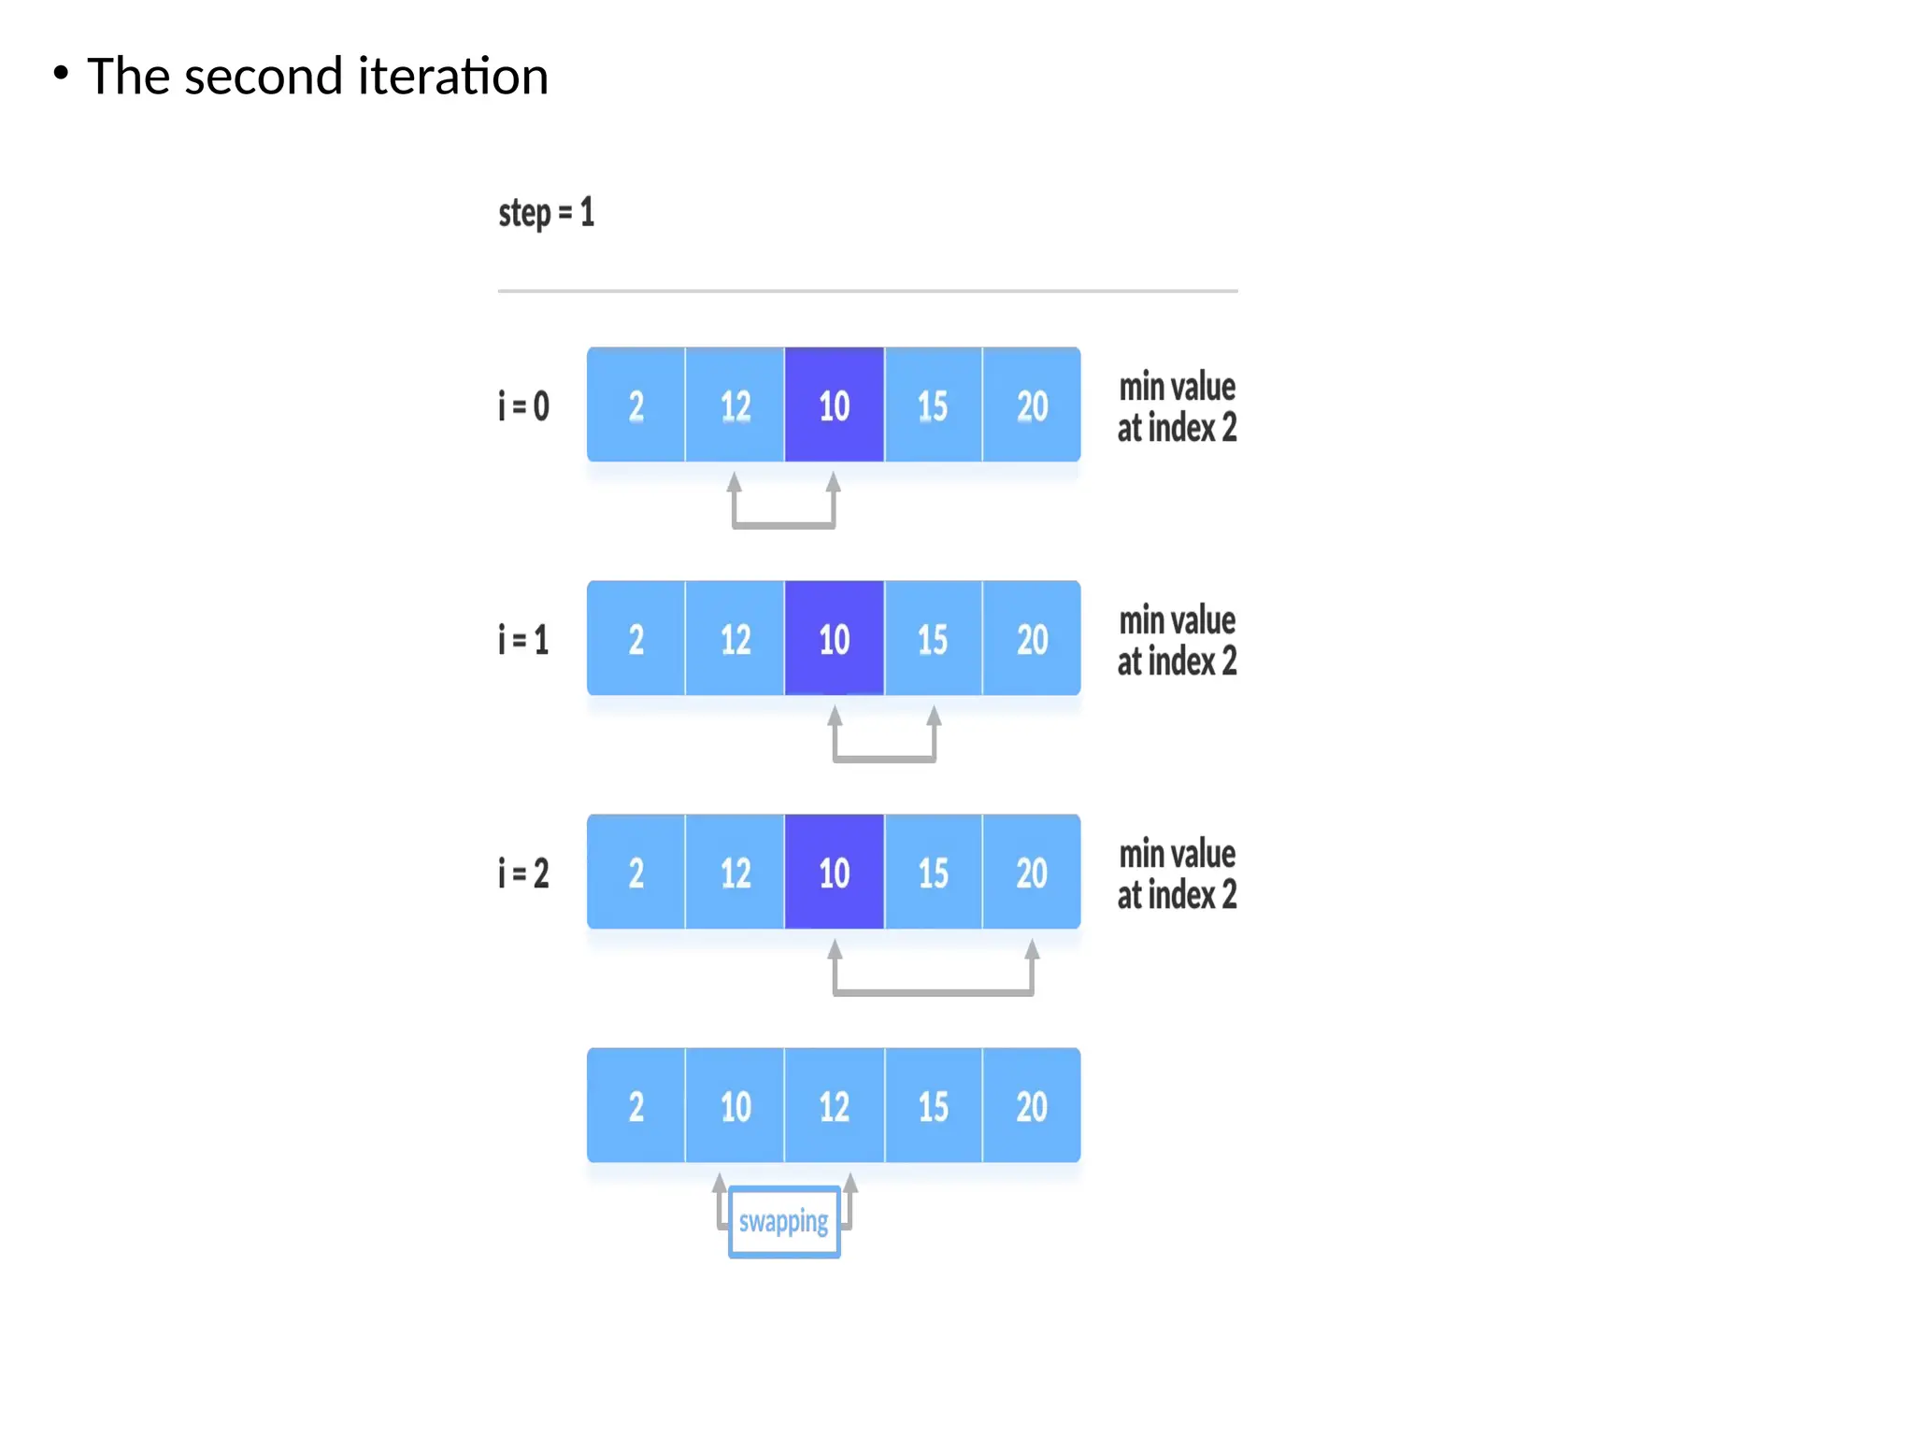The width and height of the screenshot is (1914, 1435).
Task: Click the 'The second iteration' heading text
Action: [x=317, y=76]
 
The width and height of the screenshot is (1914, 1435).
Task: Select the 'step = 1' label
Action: [x=546, y=213]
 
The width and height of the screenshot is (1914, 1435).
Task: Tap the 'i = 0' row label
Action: [x=523, y=406]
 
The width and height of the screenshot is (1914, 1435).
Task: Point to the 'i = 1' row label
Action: [x=523, y=640]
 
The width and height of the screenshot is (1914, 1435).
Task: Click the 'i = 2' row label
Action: [x=523, y=874]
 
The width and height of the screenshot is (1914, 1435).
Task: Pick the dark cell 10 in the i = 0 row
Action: [x=835, y=405]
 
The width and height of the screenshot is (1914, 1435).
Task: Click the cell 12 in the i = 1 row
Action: [x=736, y=639]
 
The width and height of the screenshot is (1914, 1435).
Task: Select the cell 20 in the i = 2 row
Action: [x=1032, y=873]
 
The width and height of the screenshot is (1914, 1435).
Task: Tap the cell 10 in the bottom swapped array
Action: [x=736, y=1106]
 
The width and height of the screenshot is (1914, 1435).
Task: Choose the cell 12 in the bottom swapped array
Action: [x=835, y=1106]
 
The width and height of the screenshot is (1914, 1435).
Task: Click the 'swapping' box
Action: [x=784, y=1222]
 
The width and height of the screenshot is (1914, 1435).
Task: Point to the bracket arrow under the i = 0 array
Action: [x=784, y=524]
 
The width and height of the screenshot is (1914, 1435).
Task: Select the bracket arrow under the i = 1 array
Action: [x=884, y=758]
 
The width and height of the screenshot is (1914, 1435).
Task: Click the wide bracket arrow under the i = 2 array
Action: [x=934, y=991]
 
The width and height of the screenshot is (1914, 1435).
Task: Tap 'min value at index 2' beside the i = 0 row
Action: [x=1178, y=407]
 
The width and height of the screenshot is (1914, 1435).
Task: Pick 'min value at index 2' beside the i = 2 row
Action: [x=1178, y=874]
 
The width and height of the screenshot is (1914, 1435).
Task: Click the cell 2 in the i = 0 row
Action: [x=636, y=405]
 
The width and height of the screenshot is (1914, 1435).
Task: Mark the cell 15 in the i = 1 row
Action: [x=933, y=639]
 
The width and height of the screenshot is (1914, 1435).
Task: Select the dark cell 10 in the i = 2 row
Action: [x=835, y=873]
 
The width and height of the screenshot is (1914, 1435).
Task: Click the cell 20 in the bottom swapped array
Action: [x=1032, y=1106]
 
